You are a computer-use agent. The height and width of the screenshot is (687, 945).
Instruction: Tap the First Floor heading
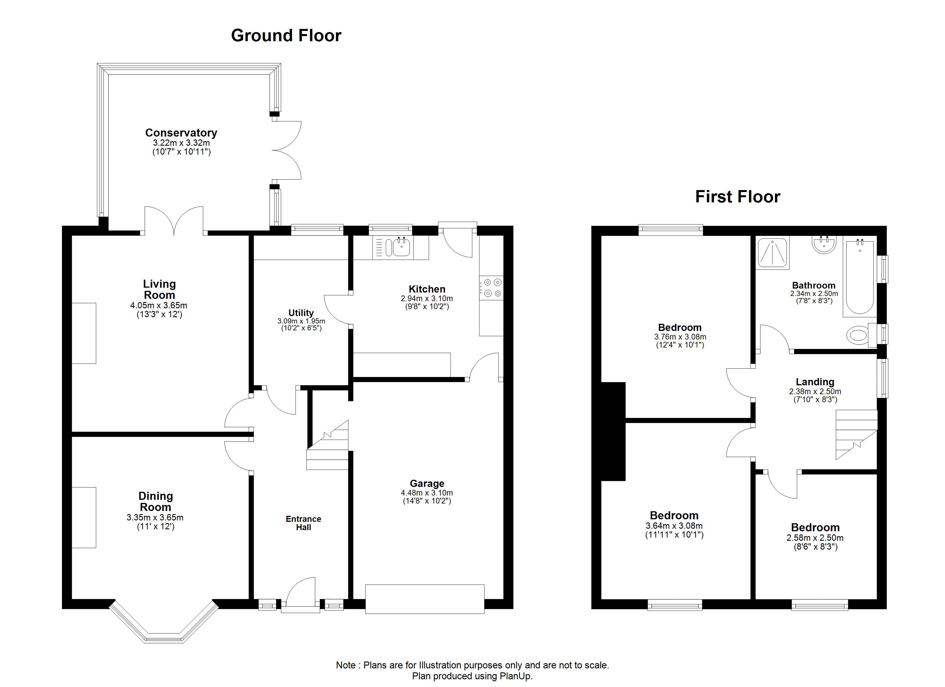737,197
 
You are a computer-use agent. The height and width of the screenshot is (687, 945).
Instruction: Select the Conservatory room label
181,133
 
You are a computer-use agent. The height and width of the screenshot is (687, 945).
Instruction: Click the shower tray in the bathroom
773,253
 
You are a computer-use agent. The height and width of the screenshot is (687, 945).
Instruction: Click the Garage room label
427,483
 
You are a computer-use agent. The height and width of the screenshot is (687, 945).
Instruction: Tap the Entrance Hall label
303,523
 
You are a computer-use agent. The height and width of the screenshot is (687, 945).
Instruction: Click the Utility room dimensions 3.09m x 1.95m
301,321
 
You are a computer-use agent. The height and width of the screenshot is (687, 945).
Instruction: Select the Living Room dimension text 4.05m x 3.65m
159,305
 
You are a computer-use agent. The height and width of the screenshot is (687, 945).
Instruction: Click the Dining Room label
155,502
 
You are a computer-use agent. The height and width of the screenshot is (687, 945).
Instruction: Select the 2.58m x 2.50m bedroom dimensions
815,538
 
